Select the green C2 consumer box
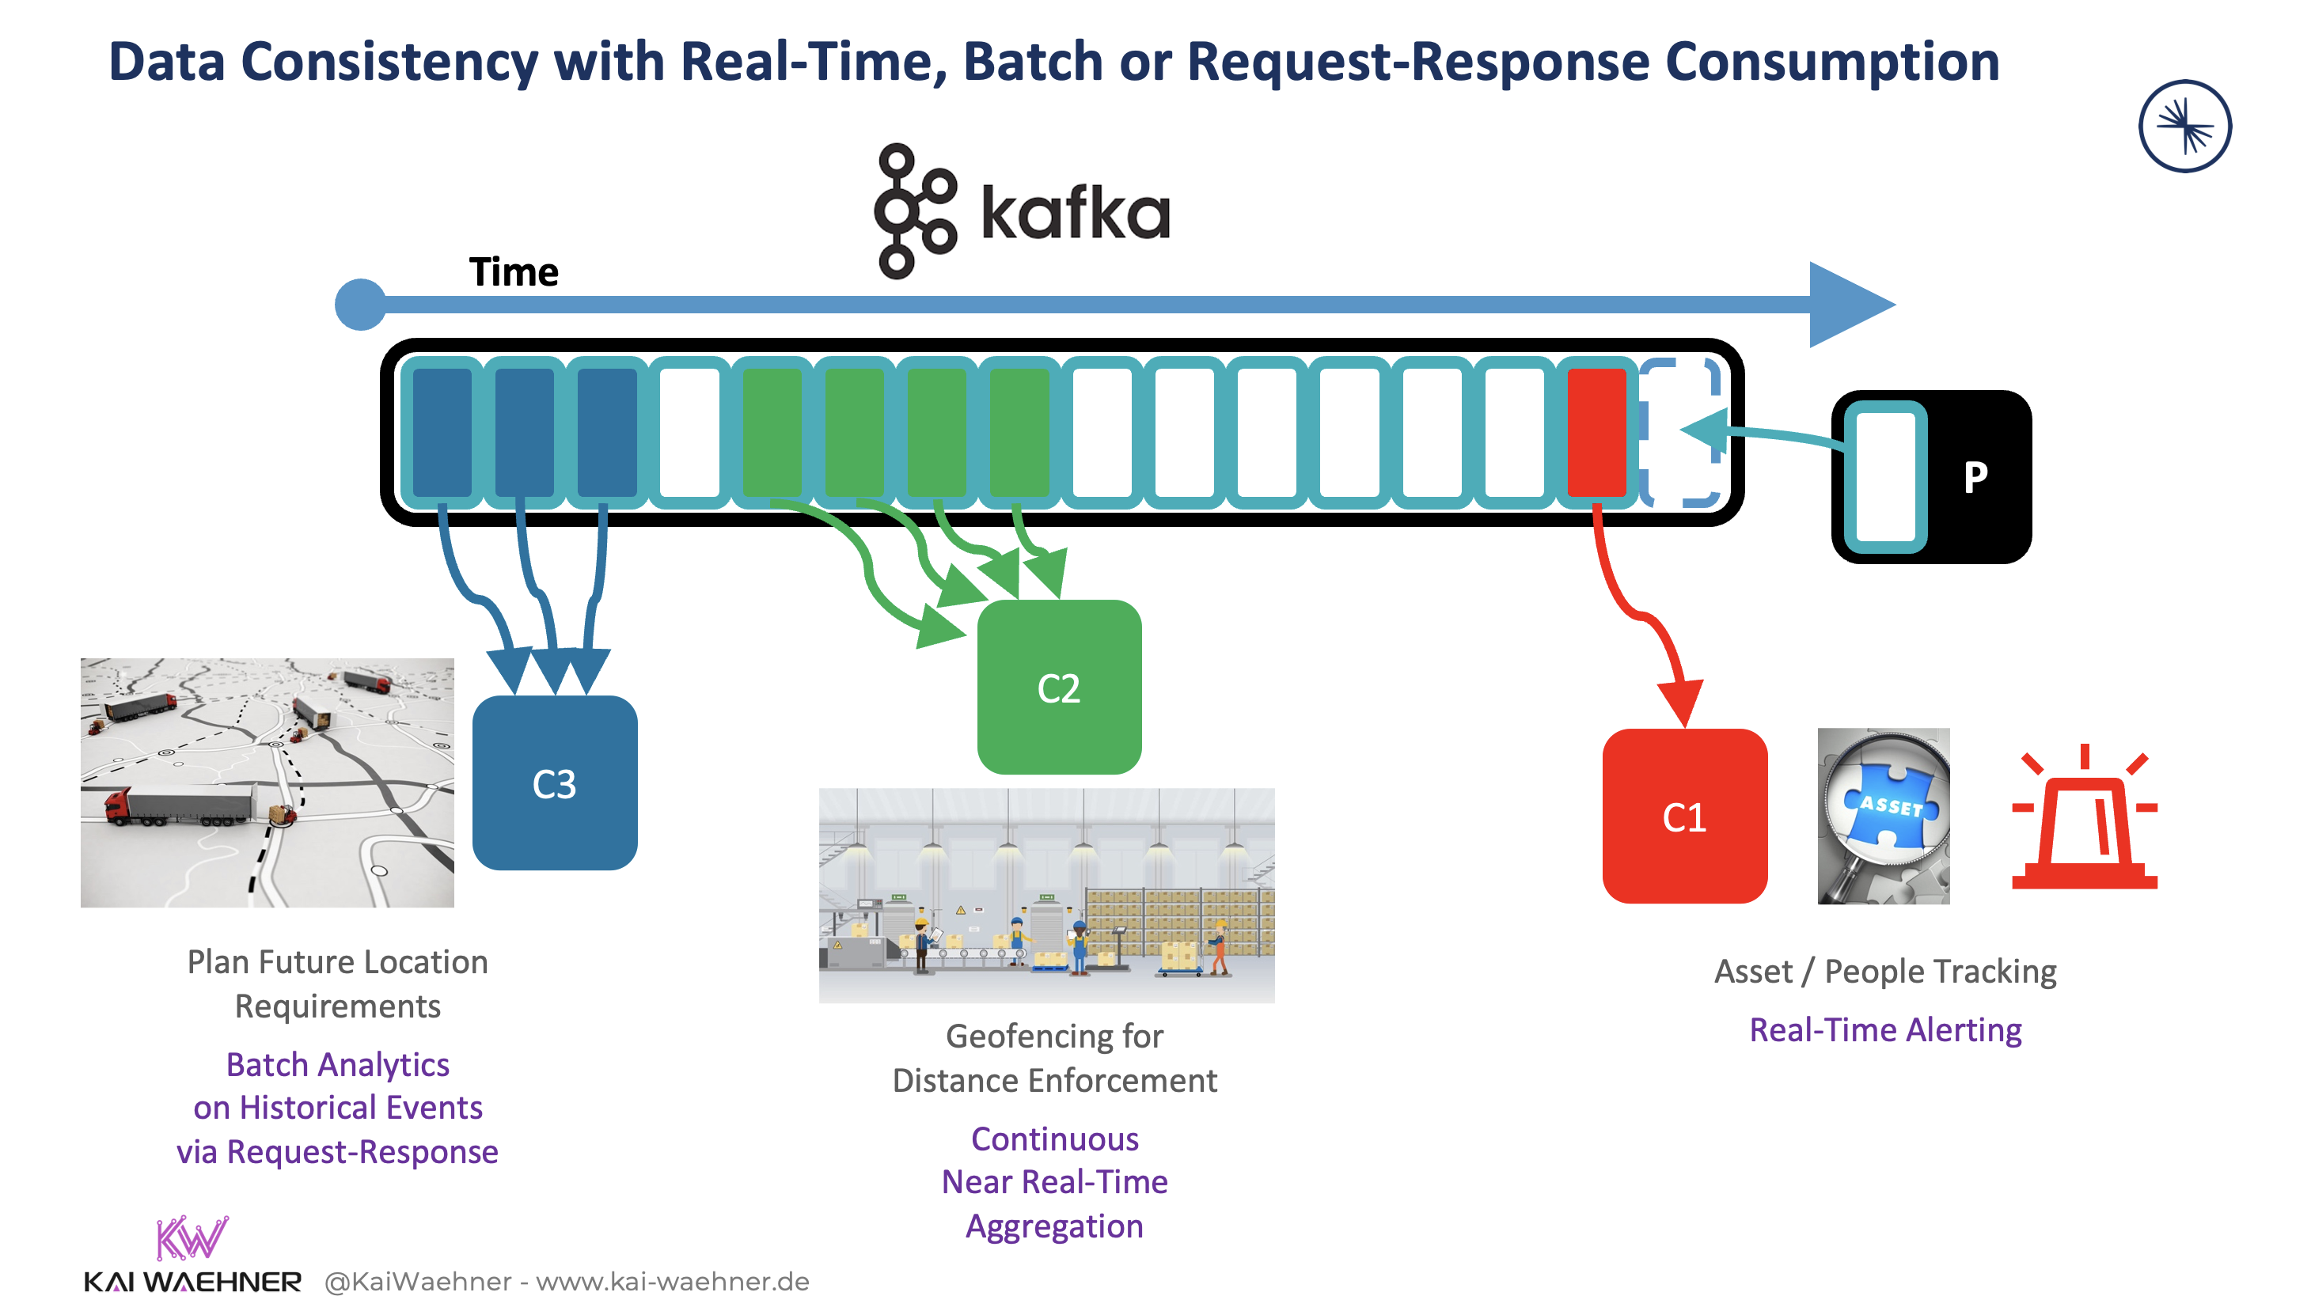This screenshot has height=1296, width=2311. click(1059, 686)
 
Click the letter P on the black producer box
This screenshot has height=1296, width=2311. click(1974, 476)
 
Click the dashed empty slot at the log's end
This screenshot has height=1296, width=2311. click(1680, 431)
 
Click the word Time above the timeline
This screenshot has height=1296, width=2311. click(513, 271)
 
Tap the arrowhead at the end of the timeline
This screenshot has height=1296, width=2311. click(1848, 304)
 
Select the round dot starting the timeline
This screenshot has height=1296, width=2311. click(361, 304)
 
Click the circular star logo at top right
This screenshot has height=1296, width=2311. click(2184, 126)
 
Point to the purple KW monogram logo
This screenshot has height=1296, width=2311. click(191, 1237)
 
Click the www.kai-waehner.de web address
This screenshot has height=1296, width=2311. click(672, 1281)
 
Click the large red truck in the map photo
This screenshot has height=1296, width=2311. click(180, 805)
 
